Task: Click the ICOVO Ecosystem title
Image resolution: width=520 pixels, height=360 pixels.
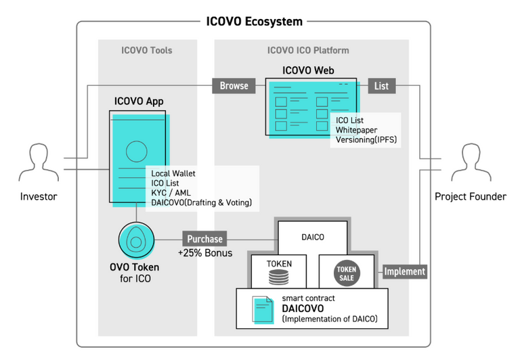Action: pos(254,21)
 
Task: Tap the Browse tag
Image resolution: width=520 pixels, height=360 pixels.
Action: pos(234,86)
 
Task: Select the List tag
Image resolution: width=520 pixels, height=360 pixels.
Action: pos(381,86)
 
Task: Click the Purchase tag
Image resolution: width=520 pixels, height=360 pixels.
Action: pos(204,239)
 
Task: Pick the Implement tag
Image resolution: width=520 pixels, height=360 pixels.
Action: pos(404,271)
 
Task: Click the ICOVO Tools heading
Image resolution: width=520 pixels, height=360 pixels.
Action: pos(147,50)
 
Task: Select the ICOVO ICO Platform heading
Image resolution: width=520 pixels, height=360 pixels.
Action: pos(308,50)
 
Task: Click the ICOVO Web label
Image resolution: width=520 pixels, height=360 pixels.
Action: pos(308,70)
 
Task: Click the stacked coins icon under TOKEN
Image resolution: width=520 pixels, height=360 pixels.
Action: pos(279,277)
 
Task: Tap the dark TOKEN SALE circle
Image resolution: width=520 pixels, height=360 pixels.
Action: pos(347,273)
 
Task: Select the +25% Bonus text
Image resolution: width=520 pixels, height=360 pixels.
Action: pos(205,253)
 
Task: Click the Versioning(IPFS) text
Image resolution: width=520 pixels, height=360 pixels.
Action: pos(366,140)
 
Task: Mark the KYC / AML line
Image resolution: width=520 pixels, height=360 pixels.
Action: pos(171,193)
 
